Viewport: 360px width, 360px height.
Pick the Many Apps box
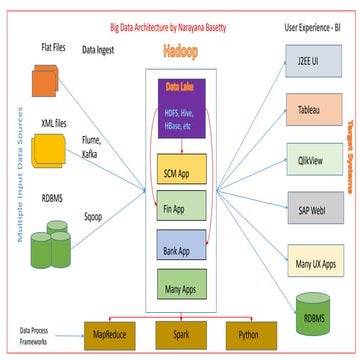[181, 286]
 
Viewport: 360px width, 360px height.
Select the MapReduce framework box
[114, 331]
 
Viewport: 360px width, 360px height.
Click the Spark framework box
[181, 331]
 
